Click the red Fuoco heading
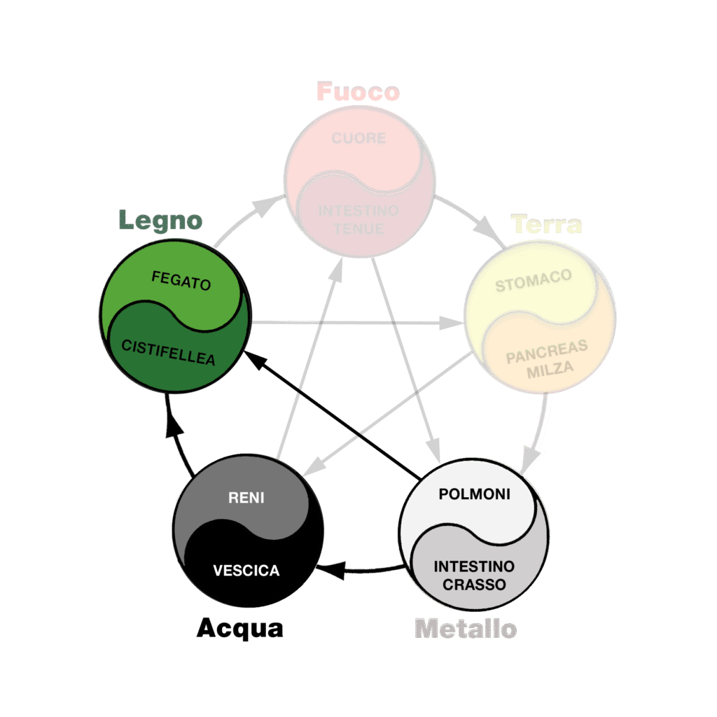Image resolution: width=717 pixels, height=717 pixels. [358, 92]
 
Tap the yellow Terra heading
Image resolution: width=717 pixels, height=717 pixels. [547, 225]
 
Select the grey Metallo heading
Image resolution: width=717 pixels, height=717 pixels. [466, 628]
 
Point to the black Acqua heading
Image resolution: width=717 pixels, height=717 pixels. [240, 628]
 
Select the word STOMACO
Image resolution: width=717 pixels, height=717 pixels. [534, 281]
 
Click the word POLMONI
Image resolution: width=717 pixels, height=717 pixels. [475, 494]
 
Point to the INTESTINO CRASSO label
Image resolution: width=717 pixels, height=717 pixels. [474, 574]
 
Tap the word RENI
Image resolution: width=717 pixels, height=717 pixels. [246, 498]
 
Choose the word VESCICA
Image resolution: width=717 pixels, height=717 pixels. [246, 571]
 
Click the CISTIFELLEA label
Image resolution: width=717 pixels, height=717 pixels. [168, 352]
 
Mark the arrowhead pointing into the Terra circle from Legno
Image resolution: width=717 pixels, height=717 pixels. [452, 323]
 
